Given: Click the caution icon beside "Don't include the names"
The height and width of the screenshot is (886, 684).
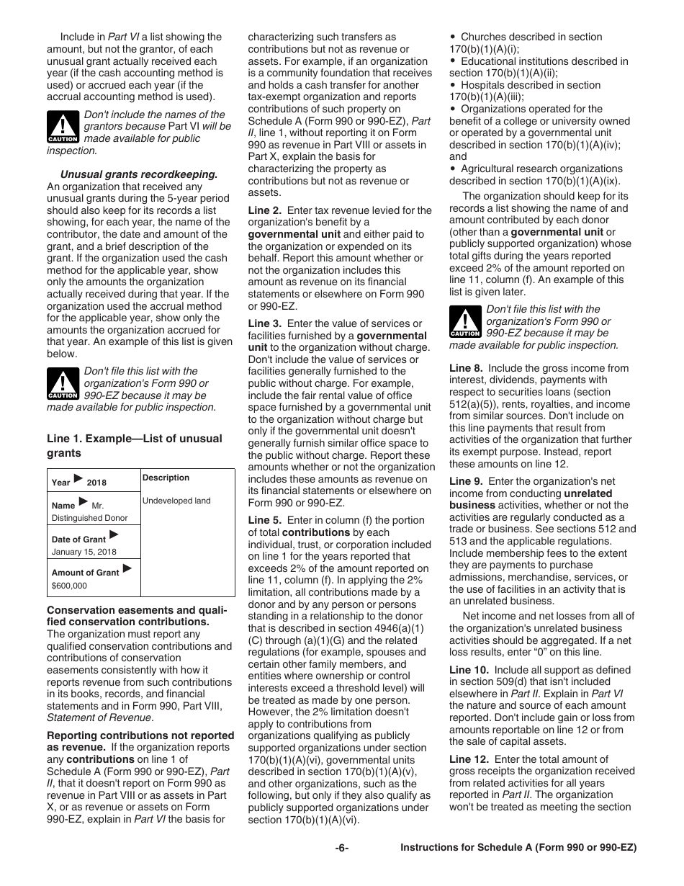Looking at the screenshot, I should (x=63, y=127).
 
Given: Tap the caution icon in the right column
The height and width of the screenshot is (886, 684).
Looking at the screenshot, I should (x=465, y=321).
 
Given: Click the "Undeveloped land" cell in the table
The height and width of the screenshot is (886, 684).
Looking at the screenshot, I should (x=176, y=501).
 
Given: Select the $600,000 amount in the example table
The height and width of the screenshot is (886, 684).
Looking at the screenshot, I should (x=69, y=586).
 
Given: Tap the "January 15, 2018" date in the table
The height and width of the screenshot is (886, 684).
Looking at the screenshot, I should (x=84, y=552).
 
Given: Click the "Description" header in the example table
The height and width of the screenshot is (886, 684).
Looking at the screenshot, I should (x=166, y=478).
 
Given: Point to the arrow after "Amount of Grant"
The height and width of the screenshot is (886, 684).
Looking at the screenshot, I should (x=127, y=569).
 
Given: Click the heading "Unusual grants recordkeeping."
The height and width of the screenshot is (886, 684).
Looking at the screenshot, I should (x=138, y=174).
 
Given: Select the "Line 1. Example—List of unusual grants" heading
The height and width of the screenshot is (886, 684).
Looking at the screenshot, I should (x=135, y=445).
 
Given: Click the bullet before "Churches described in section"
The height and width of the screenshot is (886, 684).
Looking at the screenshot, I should (x=452, y=37).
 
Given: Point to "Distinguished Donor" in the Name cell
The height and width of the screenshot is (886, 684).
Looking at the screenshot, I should (x=89, y=518).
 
